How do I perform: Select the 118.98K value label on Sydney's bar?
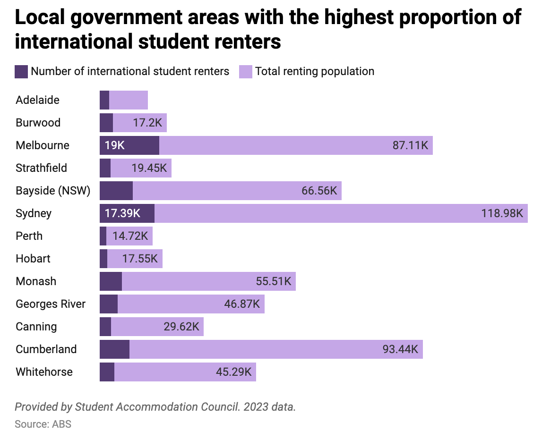click(502, 213)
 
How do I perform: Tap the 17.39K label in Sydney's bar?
click(122, 213)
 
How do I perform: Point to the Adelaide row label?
click(37, 100)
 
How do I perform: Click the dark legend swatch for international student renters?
click(21, 72)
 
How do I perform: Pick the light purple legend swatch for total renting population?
click(246, 72)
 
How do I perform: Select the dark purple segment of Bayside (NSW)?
click(116, 191)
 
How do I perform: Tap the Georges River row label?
click(51, 304)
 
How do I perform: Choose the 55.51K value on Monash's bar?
click(273, 281)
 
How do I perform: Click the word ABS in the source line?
click(62, 424)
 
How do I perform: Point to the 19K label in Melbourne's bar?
click(115, 145)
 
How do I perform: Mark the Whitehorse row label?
click(44, 372)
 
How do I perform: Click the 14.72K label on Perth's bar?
click(130, 236)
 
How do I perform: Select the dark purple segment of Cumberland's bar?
click(114, 349)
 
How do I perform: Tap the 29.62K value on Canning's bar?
click(181, 327)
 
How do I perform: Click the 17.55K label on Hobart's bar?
click(140, 259)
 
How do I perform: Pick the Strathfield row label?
click(41, 168)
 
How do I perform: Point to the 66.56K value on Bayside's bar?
click(319, 191)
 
